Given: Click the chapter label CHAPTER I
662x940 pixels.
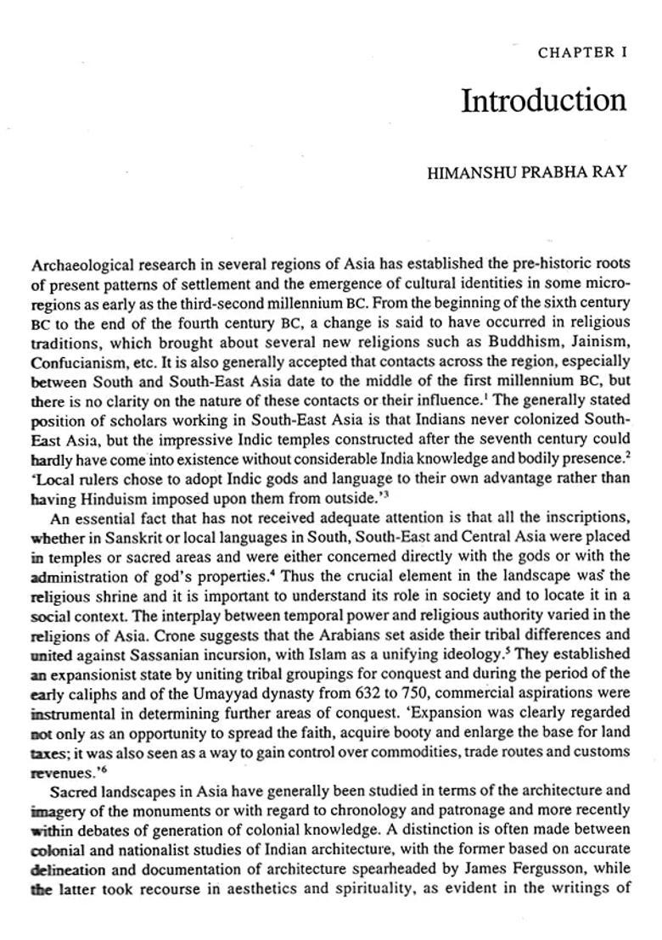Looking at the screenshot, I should click(x=581, y=53).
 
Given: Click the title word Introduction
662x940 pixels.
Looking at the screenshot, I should click(x=543, y=100).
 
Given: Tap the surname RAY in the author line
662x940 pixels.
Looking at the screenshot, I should click(x=610, y=172).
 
